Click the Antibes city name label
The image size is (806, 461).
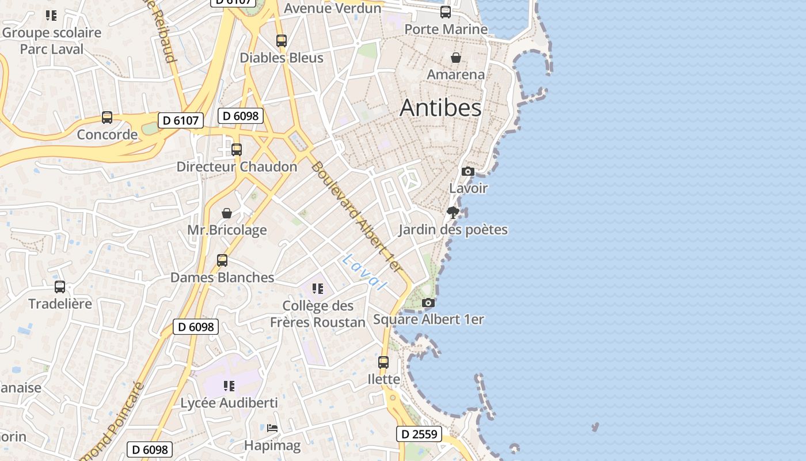click(440, 108)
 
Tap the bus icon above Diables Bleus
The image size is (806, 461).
click(282, 41)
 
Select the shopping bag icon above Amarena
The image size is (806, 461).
click(456, 58)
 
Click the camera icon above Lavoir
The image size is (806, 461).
click(468, 171)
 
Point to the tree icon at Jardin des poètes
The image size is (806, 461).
click(453, 213)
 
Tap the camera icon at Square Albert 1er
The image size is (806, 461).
click(428, 303)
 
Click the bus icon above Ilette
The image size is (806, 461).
click(383, 362)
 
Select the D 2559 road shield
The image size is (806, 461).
click(419, 434)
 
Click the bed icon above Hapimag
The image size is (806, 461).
click(272, 428)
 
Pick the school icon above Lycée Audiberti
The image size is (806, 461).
click(229, 386)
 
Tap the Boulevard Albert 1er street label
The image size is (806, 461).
click(356, 216)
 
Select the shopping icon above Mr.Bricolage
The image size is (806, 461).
click(227, 213)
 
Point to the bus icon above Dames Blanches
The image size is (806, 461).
click(222, 260)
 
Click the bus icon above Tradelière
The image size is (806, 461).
click(60, 286)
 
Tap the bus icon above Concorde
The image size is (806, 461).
click(107, 118)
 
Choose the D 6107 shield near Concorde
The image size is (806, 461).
click(181, 120)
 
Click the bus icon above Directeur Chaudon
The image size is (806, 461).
click(237, 150)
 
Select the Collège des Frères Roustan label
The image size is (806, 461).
click(318, 314)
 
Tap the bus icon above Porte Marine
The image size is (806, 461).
click(446, 12)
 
